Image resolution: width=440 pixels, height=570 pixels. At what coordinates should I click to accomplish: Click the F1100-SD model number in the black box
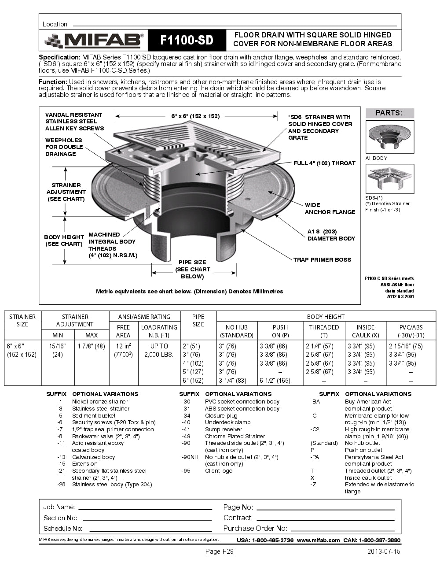point(187,41)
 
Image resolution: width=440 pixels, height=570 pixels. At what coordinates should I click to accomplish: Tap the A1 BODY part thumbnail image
point(390,137)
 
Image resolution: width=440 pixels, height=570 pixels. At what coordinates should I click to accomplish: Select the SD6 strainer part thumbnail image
point(390,179)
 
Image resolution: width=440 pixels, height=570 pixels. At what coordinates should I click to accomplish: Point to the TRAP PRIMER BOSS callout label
point(322,259)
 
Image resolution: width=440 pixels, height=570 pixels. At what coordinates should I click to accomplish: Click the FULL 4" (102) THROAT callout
point(324,163)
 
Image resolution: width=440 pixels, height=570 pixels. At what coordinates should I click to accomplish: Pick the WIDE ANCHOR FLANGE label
point(330,208)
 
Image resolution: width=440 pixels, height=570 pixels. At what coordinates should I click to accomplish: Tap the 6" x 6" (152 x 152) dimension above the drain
point(195,116)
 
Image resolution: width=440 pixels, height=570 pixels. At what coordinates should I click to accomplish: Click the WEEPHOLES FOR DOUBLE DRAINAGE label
point(64,147)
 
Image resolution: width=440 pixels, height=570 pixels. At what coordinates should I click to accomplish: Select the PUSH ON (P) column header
point(280,331)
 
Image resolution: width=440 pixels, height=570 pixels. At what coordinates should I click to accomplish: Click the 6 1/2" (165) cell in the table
point(275,381)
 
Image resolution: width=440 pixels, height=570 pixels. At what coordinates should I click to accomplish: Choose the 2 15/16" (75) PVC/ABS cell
point(406,346)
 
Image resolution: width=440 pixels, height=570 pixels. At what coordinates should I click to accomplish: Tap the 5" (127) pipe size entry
point(193,372)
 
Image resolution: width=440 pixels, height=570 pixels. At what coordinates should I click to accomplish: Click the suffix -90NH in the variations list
point(189,457)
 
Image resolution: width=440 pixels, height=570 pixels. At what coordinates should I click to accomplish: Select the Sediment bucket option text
point(94,415)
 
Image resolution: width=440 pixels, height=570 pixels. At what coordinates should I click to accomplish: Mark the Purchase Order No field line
point(342,529)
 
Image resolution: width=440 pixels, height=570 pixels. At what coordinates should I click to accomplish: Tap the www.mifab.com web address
point(318,540)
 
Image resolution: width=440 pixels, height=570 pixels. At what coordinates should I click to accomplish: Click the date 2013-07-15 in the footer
point(384,551)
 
